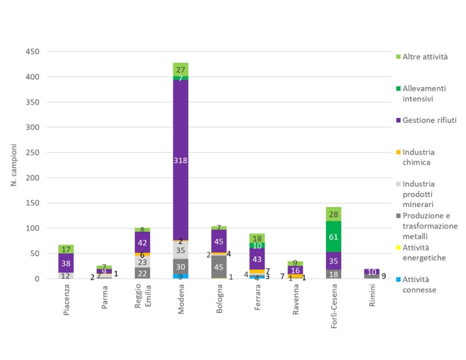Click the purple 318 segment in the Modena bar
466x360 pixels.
click(181, 160)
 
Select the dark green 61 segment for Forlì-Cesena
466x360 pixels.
click(333, 236)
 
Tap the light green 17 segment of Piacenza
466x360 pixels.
click(66, 249)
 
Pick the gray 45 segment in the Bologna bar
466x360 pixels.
click(218, 267)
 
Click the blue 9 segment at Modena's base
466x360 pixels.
click(181, 276)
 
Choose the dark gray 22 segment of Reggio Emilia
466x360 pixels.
click(143, 273)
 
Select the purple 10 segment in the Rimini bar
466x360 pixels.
click(371, 271)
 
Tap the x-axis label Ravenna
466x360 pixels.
click(295, 301)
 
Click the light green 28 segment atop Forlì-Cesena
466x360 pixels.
click(333, 214)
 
